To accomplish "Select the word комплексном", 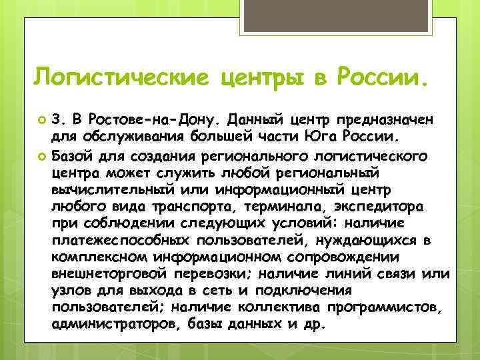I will [97, 257].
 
